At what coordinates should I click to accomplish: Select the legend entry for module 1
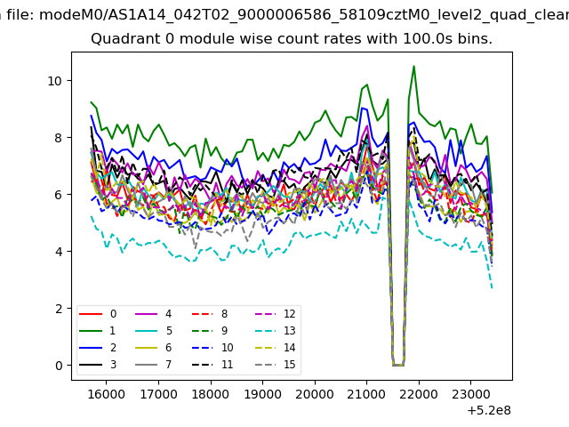97,331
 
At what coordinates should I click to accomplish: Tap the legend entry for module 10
212,348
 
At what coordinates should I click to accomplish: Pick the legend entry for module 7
153,365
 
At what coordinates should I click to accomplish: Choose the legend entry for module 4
153,314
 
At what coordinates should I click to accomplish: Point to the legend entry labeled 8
210,314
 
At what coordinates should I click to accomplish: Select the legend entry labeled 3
97,365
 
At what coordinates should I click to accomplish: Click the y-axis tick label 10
55,81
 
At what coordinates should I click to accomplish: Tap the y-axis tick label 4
59,252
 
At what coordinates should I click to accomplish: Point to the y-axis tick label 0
59,366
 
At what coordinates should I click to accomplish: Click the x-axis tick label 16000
107,394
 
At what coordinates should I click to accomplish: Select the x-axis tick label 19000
263,394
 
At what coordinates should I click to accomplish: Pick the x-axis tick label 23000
471,394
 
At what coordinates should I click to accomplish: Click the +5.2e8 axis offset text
489,411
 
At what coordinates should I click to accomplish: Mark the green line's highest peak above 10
413,67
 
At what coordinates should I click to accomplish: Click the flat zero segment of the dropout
398,365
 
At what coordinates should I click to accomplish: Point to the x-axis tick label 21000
367,394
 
